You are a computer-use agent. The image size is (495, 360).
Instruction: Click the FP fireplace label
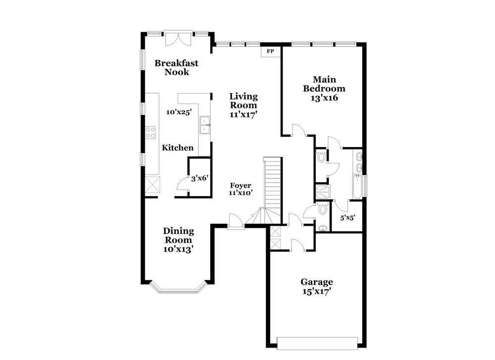270,51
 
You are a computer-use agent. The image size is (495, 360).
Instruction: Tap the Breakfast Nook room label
177,67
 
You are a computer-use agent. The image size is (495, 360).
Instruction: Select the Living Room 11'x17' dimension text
243,114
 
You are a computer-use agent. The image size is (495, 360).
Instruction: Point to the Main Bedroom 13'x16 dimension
324,98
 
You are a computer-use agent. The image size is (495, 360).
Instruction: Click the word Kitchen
178,148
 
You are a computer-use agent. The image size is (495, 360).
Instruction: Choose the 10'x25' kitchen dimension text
179,112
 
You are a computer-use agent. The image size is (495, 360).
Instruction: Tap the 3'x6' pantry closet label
200,178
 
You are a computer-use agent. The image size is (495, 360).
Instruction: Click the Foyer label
241,186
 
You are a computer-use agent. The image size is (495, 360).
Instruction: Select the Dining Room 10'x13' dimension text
178,249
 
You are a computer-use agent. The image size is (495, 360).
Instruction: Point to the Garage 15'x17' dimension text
317,291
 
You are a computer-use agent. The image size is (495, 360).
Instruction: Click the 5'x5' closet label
348,217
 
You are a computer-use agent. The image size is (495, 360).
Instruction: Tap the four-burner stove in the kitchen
150,132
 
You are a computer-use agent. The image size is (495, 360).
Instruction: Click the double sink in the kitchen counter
205,125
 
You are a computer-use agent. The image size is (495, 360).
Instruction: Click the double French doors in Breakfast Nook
178,39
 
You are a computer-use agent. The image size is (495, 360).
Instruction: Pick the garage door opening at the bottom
317,343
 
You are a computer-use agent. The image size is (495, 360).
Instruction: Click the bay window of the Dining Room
178,287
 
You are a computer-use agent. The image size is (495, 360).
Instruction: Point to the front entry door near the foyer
236,221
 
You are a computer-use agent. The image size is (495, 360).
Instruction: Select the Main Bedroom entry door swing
299,130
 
